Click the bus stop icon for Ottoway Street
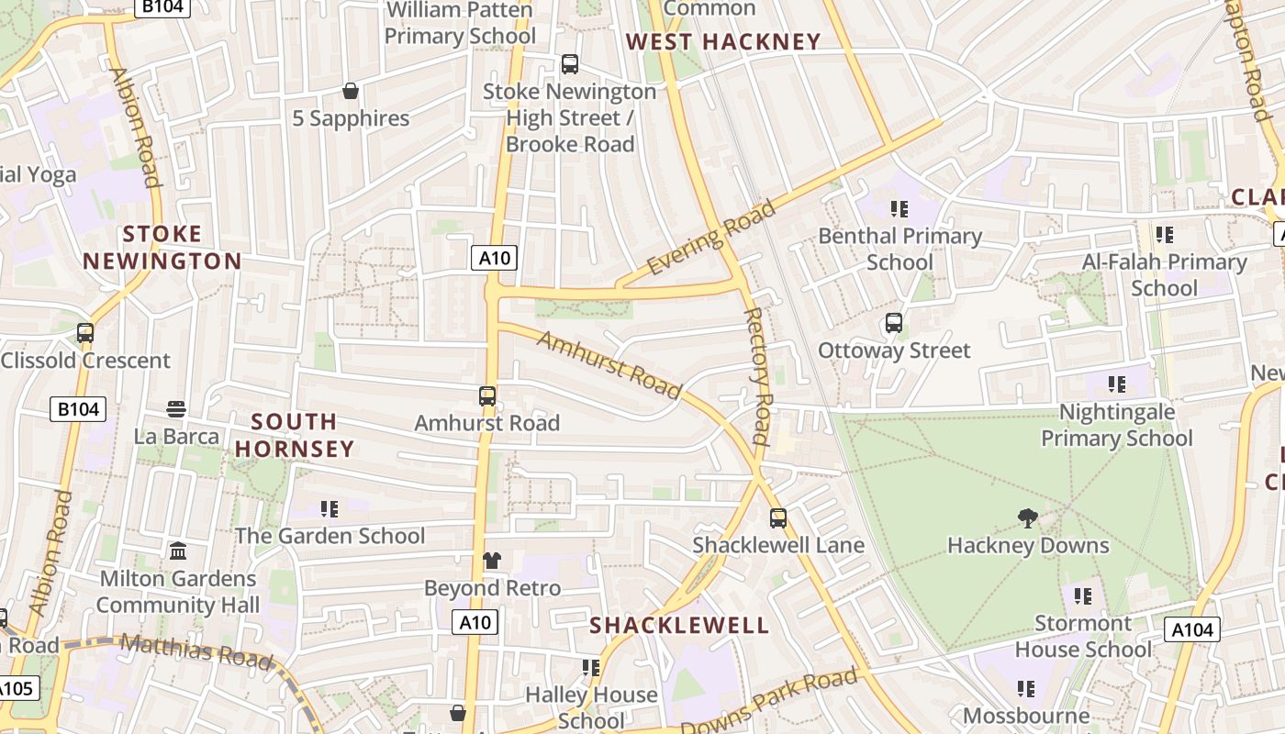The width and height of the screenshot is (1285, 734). (893, 323)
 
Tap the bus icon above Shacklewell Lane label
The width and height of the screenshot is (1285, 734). (778, 518)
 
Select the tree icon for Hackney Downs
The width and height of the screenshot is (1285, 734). (1027, 518)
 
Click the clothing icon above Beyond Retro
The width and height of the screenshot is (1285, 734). (492, 561)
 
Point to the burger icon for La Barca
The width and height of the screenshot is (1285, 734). (176, 408)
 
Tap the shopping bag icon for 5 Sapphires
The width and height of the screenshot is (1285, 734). (350, 91)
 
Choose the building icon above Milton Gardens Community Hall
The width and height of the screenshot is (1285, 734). (178, 551)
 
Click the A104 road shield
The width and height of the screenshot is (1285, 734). (1191, 629)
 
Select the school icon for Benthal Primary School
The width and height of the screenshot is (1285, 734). (899, 209)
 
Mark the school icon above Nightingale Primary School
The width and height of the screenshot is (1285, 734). (1116, 384)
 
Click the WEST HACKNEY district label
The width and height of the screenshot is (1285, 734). (722, 41)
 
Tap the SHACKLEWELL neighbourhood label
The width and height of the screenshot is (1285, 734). (678, 626)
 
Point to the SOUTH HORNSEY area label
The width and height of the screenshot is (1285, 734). (294, 435)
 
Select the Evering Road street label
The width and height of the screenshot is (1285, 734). (711, 238)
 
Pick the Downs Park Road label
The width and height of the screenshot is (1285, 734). (770, 702)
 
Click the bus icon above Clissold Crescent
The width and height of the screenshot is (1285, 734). (85, 333)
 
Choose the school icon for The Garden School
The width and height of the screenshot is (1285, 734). (330, 508)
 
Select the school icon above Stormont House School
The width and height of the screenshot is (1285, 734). (1083, 596)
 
